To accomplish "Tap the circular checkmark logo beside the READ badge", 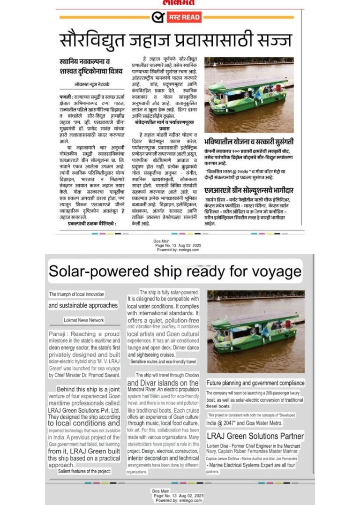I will coord(157,17).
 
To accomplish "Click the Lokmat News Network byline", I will coord(84,320).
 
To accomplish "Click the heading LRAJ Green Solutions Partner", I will coord(255,436).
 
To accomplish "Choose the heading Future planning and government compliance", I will coord(255,383).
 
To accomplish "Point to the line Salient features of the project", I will coord(85,472).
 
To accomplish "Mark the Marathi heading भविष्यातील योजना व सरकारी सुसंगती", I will coord(249,140).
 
